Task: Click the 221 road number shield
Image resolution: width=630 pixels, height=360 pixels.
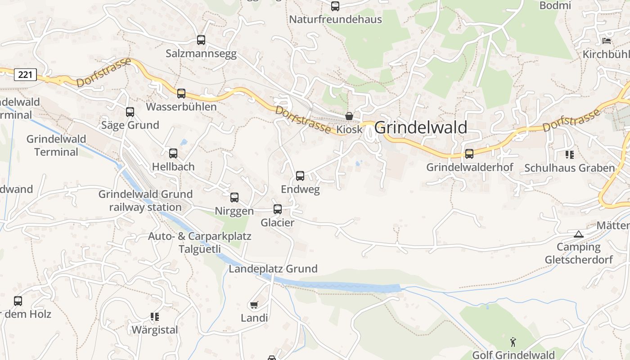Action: click(25, 74)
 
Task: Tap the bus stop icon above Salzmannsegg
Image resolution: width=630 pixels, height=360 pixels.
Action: click(201, 40)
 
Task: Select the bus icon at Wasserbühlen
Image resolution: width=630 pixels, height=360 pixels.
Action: click(181, 94)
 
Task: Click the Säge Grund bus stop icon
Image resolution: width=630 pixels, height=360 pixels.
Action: click(130, 112)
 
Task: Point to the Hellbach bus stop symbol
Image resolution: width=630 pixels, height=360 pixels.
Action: click(173, 153)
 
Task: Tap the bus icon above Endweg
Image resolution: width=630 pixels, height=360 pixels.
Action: click(300, 176)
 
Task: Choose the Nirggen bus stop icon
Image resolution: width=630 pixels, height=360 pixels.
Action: click(234, 198)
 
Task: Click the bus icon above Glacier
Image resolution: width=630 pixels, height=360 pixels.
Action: click(278, 209)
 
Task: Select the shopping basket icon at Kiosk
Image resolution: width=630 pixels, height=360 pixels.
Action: click(349, 116)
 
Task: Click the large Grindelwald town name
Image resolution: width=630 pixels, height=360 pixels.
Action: click(421, 128)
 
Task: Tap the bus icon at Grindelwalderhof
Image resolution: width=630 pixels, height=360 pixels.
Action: click(469, 154)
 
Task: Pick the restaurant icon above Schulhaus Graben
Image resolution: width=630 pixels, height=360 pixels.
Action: click(570, 155)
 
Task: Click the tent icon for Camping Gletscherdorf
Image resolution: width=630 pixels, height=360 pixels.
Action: click(579, 234)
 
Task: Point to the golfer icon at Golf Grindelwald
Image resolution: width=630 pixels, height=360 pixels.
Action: click(513, 342)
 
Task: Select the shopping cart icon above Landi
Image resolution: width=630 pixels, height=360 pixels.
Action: click(254, 305)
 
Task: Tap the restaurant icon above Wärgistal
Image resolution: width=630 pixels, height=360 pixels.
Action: click(155, 317)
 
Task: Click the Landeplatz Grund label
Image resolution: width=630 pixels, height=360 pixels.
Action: click(273, 269)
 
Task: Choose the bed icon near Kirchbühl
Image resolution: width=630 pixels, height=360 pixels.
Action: click(607, 41)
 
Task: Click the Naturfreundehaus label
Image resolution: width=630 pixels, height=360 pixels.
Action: click(335, 19)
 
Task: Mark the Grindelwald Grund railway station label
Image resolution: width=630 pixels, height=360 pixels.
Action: click(145, 201)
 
